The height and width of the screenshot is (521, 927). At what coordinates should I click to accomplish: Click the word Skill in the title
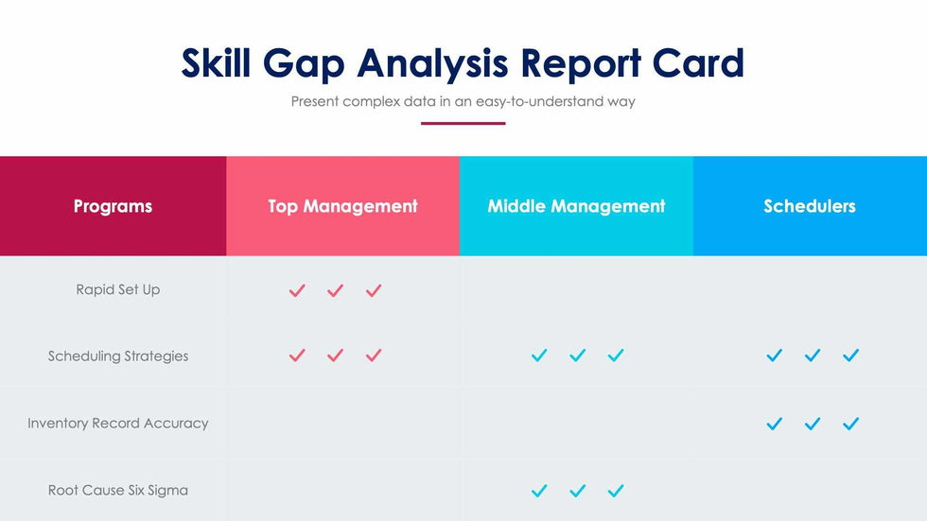(x=219, y=63)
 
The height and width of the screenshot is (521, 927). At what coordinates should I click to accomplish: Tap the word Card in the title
(x=698, y=63)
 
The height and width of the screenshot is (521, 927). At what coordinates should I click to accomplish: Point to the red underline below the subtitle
(x=463, y=123)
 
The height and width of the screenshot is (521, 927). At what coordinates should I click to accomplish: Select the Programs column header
(x=113, y=206)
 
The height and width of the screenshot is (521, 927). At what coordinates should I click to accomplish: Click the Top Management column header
(x=342, y=206)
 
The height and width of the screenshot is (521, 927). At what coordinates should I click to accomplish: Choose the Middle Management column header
(x=576, y=206)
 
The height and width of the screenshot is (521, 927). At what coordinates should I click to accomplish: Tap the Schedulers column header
(x=810, y=206)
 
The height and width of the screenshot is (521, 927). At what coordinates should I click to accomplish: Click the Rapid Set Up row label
(x=118, y=289)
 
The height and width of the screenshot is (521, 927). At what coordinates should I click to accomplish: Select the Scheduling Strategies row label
(x=118, y=356)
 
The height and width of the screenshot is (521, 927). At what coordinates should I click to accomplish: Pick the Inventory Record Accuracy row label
(x=118, y=424)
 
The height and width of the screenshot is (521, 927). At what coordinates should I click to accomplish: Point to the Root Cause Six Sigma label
(x=118, y=490)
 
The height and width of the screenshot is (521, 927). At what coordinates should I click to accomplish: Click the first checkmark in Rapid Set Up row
(x=297, y=290)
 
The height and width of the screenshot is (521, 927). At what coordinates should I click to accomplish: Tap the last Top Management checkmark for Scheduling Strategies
(x=374, y=356)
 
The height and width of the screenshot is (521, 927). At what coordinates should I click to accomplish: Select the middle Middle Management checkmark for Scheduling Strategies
(x=578, y=356)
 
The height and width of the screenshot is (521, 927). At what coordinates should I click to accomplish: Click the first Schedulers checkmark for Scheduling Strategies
(x=775, y=356)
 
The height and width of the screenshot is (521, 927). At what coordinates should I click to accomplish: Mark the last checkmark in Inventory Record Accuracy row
(x=850, y=424)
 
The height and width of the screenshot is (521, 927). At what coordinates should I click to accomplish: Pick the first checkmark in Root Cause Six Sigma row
(x=539, y=491)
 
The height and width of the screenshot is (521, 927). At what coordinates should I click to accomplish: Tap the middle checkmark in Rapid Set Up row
(x=335, y=290)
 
